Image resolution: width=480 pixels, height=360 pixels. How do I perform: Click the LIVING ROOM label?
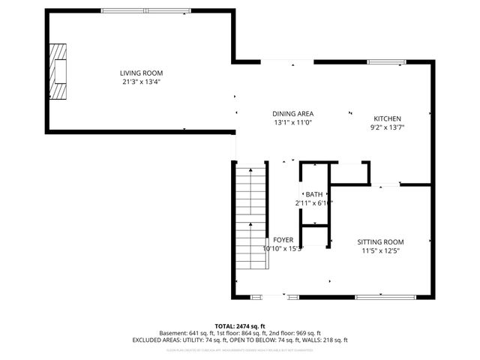pyautogui.click(x=141, y=73)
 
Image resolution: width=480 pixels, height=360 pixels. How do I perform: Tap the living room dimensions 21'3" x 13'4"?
pyautogui.click(x=141, y=82)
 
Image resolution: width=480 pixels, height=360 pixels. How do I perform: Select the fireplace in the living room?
pyautogui.click(x=58, y=71)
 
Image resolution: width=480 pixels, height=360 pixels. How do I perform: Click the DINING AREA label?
pyautogui.click(x=292, y=113)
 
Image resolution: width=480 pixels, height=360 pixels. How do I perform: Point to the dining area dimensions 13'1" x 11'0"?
pyautogui.click(x=292, y=122)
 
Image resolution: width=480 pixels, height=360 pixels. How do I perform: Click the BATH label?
pyautogui.click(x=313, y=194)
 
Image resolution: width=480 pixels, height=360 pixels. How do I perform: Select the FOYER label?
pyautogui.click(x=283, y=240)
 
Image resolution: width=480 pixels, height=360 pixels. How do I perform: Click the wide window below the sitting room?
pyautogui.click(x=386, y=298)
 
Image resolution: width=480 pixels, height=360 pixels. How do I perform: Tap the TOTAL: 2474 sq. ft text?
pyautogui.click(x=240, y=325)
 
